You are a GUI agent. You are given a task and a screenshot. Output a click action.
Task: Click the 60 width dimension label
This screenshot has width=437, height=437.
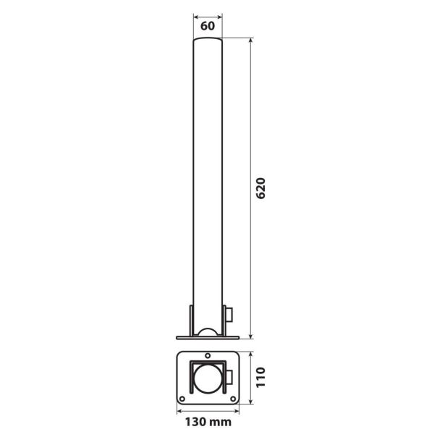point(208,25)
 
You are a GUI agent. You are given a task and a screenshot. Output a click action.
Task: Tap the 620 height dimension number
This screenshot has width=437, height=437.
point(263,190)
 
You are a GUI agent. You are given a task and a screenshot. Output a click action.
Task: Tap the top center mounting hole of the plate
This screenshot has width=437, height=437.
point(208,357)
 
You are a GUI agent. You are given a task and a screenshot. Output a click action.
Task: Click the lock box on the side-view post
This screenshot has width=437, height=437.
point(229,315)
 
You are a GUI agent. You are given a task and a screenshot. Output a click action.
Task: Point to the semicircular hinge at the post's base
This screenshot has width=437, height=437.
point(208,332)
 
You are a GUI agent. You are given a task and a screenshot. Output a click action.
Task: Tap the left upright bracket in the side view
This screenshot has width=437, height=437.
point(190,320)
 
